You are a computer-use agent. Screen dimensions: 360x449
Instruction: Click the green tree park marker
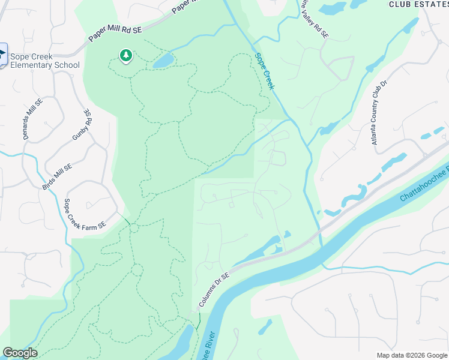point(126,56)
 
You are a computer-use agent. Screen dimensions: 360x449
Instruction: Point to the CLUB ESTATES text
point(418,4)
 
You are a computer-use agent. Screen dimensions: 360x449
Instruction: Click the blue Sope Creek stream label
point(265,71)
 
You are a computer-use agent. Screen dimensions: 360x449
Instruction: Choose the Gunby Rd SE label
point(82,125)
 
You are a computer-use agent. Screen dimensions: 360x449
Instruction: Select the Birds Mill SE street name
point(58,177)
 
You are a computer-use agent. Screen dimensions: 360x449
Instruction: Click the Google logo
point(20,353)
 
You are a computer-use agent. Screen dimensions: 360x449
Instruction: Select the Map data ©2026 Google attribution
point(411,355)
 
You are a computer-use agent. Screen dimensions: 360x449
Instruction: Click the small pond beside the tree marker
point(163,61)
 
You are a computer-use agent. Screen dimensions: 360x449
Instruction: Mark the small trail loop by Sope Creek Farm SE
point(133,227)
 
